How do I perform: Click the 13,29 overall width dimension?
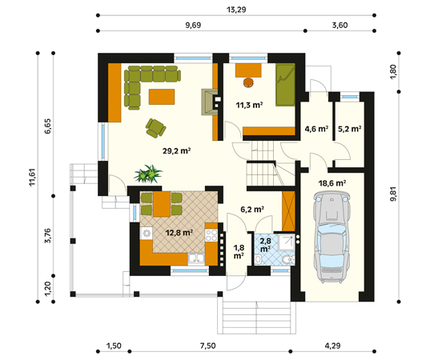pyautogui.click(x=236, y=10)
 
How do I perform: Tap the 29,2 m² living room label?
pyautogui.click(x=177, y=150)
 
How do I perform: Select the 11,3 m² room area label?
pyautogui.click(x=250, y=105)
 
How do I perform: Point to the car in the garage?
pyautogui.click(x=332, y=237)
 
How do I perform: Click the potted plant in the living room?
pyautogui.click(x=148, y=174)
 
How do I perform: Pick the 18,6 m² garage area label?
pyautogui.click(x=332, y=182)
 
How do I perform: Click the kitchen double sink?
pyautogui.click(x=196, y=259)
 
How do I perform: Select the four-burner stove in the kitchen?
pyautogui.click(x=211, y=235)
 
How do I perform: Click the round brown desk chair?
pyautogui.click(x=248, y=82)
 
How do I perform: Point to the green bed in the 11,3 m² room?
pyautogui.click(x=286, y=85)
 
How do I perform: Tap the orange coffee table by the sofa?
pyautogui.click(x=162, y=97)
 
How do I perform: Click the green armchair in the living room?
pyautogui.click(x=156, y=128)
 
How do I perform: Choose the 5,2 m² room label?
pyautogui.click(x=349, y=129)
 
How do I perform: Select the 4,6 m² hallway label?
pyautogui.click(x=316, y=129)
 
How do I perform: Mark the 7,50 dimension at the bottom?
pyautogui.click(x=207, y=346)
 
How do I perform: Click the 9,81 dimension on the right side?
pyautogui.click(x=393, y=194)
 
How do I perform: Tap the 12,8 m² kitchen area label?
pyautogui.click(x=179, y=233)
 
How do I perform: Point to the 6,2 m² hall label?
pyautogui.click(x=252, y=210)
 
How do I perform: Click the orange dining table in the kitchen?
pyautogui.click(x=162, y=204)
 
